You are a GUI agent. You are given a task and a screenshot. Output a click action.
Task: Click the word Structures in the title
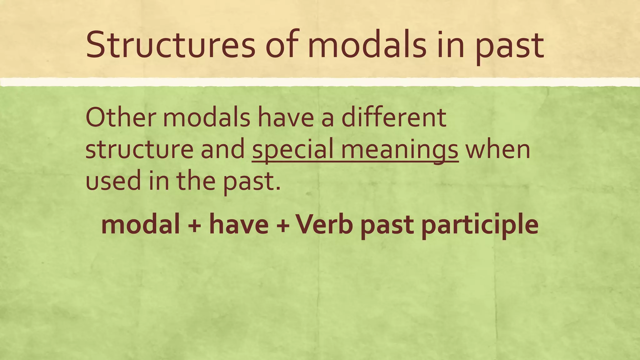tap(170, 45)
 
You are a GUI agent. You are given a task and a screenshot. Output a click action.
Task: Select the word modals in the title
tap(367, 45)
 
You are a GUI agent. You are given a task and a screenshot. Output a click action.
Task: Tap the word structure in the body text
tap(139, 149)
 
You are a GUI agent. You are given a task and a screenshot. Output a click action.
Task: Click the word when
tap(498, 149)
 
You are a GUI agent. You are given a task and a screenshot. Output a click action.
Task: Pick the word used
tap(113, 181)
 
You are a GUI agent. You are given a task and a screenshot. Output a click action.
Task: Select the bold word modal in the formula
tap(141, 224)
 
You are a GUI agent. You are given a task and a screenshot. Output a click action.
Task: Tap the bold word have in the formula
tap(239, 224)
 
